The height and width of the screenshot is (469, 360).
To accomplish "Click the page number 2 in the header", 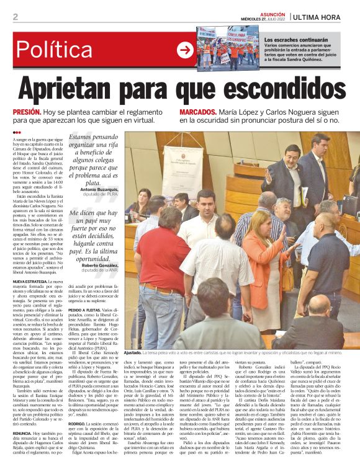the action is coord(15,17).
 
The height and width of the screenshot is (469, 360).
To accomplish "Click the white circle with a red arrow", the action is coord(185,50).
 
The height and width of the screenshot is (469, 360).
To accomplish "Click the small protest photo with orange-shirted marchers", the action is coord(227,47).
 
